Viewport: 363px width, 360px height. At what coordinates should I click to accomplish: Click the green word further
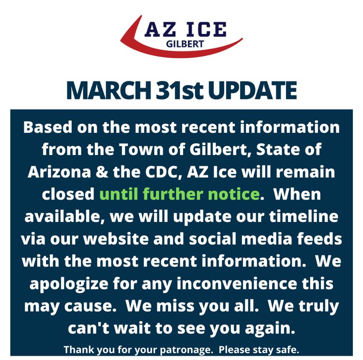point(177,194)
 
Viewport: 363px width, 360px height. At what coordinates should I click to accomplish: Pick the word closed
point(68,194)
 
